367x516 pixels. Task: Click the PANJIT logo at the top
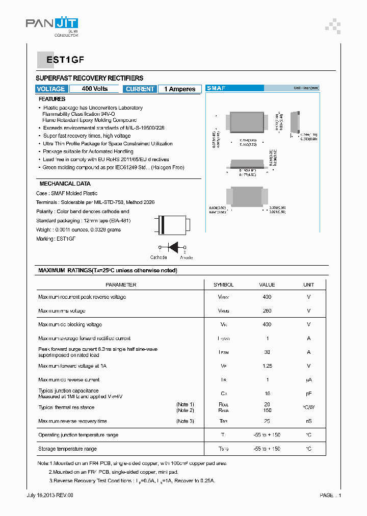[x=51, y=23]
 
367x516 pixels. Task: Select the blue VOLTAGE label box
[x=51, y=89]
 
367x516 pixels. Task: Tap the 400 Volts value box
[x=94, y=89]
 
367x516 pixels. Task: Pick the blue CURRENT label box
[x=140, y=89]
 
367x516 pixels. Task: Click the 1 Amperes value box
[x=179, y=89]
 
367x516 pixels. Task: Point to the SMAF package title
[x=216, y=88]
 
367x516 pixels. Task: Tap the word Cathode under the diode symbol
[x=159, y=257]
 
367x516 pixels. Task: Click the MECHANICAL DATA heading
[x=65, y=184]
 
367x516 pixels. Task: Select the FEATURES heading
[x=52, y=99]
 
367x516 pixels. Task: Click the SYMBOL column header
[x=223, y=285]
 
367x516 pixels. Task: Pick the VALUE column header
[x=267, y=285]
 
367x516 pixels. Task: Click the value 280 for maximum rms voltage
[x=267, y=311]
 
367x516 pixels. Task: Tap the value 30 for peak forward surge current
[x=267, y=352]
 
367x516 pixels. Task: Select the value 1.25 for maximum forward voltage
[x=267, y=366]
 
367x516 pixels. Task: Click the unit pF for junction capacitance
[x=308, y=394]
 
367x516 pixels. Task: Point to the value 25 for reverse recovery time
[x=267, y=421]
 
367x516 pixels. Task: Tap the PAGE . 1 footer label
[x=330, y=495]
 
